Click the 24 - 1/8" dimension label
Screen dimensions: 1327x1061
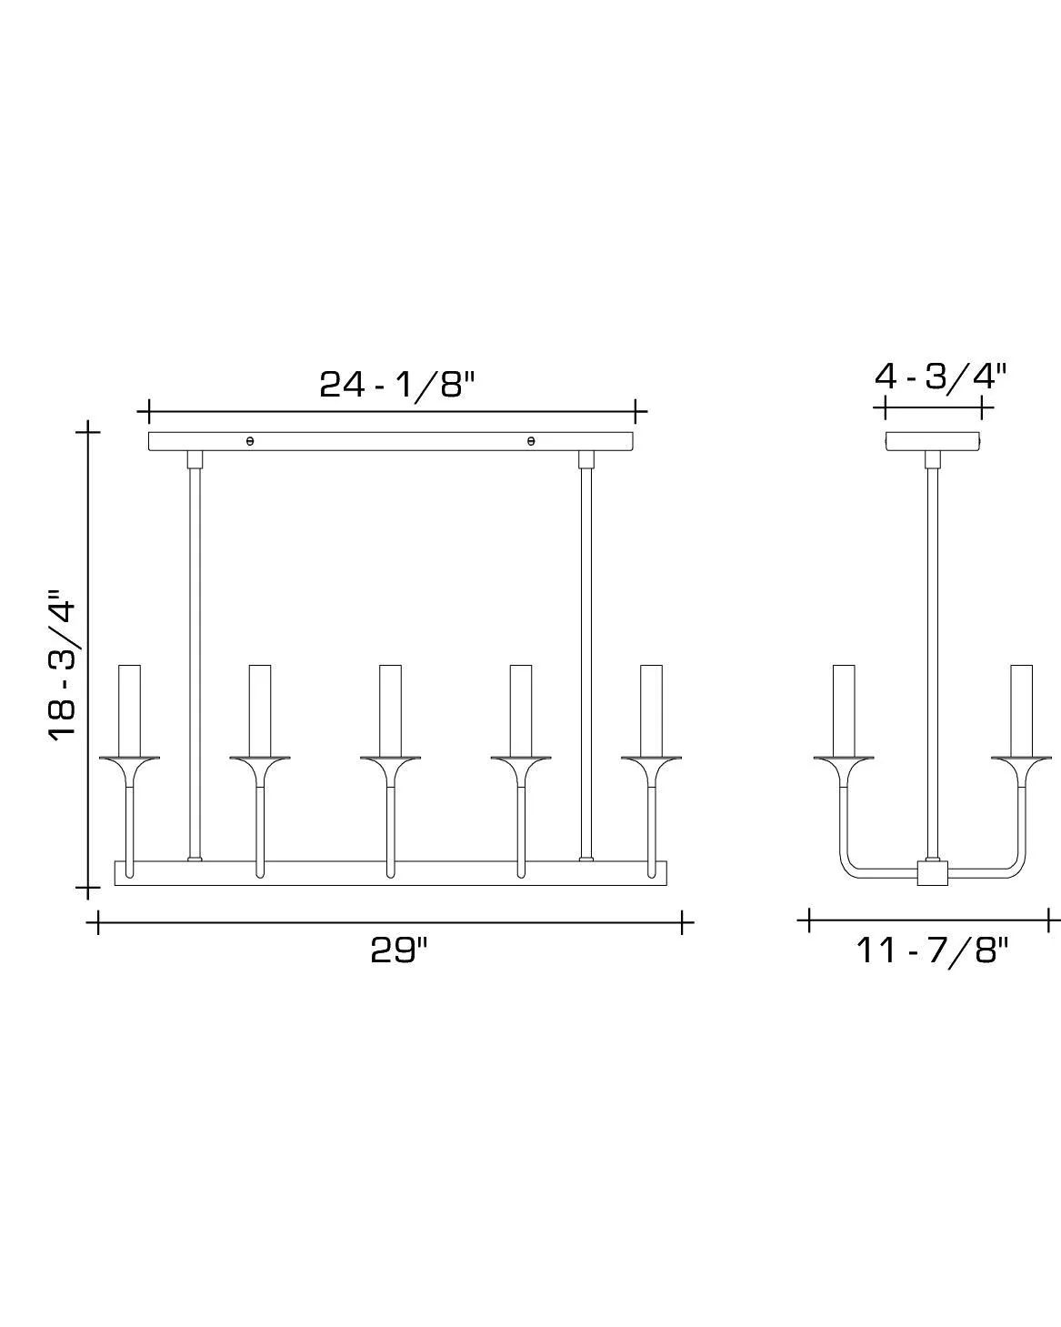coord(397,384)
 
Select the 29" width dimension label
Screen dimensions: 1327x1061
coord(398,951)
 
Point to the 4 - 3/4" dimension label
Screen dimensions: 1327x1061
coord(940,376)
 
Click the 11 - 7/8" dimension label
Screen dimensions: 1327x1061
coord(932,951)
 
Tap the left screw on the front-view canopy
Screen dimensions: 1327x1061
coord(250,441)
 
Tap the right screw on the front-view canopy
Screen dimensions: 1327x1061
coord(531,441)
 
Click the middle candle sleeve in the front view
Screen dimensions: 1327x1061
coord(390,709)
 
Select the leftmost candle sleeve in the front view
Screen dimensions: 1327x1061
coord(129,709)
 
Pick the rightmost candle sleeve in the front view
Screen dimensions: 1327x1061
coord(651,709)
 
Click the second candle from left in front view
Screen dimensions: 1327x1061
coord(260,709)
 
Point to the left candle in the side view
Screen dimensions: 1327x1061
coord(844,709)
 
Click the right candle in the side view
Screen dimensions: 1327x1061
coord(1021,709)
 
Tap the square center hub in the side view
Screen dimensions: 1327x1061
coord(932,874)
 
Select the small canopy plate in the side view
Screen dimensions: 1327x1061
coord(934,441)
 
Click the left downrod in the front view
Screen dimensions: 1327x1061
coord(194,655)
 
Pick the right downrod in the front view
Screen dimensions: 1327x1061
coord(586,655)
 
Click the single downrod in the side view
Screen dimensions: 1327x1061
coord(932,655)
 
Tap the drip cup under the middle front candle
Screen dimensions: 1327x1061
coord(390,759)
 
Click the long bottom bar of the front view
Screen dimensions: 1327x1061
coord(390,873)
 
